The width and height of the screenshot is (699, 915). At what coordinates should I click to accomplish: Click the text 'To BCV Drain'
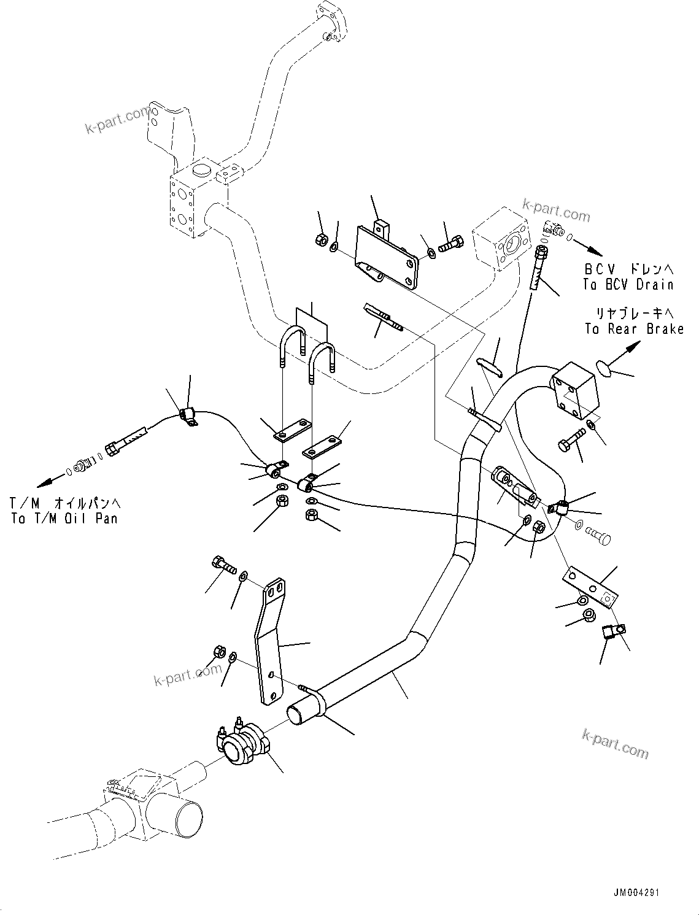point(628,285)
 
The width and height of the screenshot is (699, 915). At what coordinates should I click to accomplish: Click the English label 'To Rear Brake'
point(634,330)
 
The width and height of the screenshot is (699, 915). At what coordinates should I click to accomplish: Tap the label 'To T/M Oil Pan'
point(64,518)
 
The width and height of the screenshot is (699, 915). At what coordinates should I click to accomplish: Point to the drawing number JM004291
point(635,893)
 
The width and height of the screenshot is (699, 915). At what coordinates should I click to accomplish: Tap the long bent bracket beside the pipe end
point(271,638)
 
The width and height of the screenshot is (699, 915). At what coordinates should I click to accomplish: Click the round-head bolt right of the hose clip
point(598,535)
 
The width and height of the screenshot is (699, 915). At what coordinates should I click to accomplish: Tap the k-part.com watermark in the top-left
point(118,119)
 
